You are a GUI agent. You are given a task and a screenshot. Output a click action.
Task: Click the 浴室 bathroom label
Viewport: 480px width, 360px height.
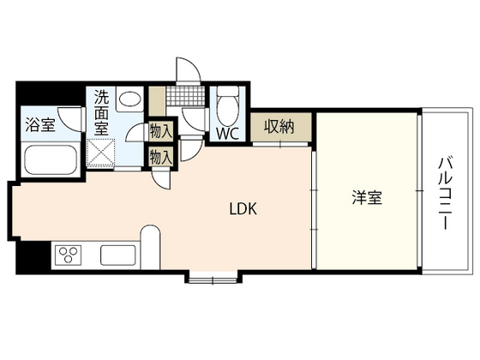40,123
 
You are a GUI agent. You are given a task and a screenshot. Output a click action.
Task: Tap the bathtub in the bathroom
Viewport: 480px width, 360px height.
48,159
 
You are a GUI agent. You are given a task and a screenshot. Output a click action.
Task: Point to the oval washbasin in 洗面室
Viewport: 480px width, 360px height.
130,100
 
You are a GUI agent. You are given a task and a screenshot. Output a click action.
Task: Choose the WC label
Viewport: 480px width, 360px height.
228,134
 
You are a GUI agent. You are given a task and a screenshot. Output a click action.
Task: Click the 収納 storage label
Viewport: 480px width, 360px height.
279,127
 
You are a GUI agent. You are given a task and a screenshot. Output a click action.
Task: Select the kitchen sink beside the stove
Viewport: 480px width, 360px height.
116,255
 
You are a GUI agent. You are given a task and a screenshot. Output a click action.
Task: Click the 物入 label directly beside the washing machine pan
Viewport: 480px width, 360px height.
160,156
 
